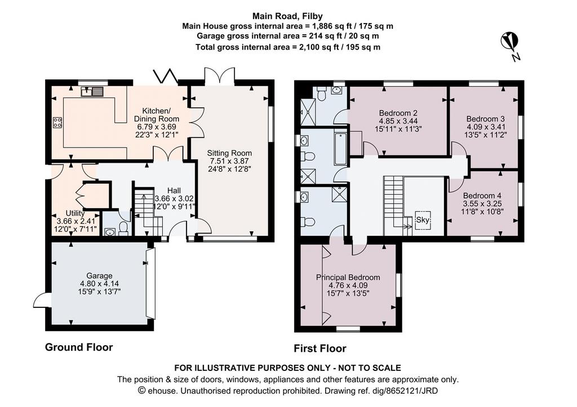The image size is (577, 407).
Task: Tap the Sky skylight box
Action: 423,220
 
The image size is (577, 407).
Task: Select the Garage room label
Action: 99,276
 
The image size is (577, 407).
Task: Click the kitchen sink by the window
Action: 93,91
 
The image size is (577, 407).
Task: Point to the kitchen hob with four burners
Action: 57,122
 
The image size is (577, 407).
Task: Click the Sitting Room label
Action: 229,153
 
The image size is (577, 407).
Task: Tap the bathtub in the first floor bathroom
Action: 341,149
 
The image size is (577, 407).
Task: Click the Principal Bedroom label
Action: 348,277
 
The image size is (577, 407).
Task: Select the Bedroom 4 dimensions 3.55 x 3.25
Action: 482,204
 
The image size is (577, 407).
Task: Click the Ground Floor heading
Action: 79,347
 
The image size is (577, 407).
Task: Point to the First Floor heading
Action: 320,348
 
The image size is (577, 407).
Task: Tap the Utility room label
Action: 75,213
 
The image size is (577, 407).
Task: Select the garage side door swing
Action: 41,300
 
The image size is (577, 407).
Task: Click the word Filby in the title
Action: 313,16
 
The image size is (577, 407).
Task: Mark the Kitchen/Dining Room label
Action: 157,115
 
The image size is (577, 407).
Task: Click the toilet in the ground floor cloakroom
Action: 123,227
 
